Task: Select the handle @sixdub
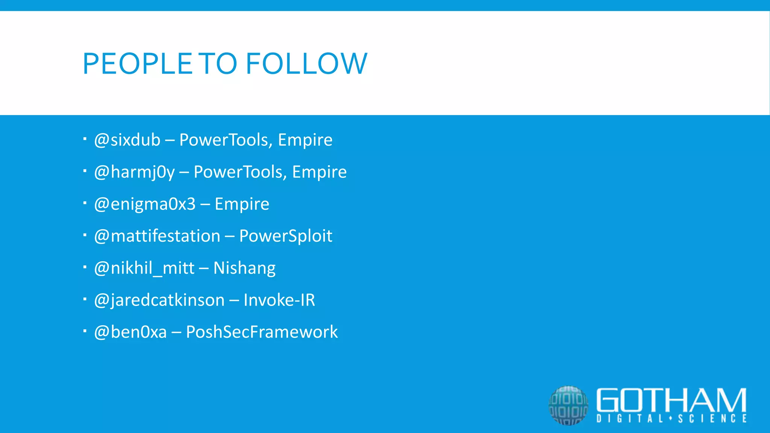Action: [x=127, y=140]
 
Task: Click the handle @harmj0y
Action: [x=134, y=172]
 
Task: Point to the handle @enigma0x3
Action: [x=145, y=204]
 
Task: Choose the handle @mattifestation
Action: [x=157, y=236]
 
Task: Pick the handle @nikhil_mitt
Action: [x=144, y=268]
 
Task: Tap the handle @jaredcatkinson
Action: [x=159, y=300]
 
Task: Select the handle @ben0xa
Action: [x=130, y=332]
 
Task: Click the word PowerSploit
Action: [x=286, y=236]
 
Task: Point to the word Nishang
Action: [x=244, y=268]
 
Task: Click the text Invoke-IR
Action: [x=279, y=300]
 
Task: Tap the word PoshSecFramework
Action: [x=262, y=332]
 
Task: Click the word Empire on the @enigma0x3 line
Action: [x=242, y=204]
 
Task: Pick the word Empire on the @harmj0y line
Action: [x=319, y=172]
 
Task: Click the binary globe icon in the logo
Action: [x=568, y=405]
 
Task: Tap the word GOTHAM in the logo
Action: [x=671, y=400]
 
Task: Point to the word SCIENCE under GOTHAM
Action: [x=712, y=419]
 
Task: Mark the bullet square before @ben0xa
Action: [x=85, y=332]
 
